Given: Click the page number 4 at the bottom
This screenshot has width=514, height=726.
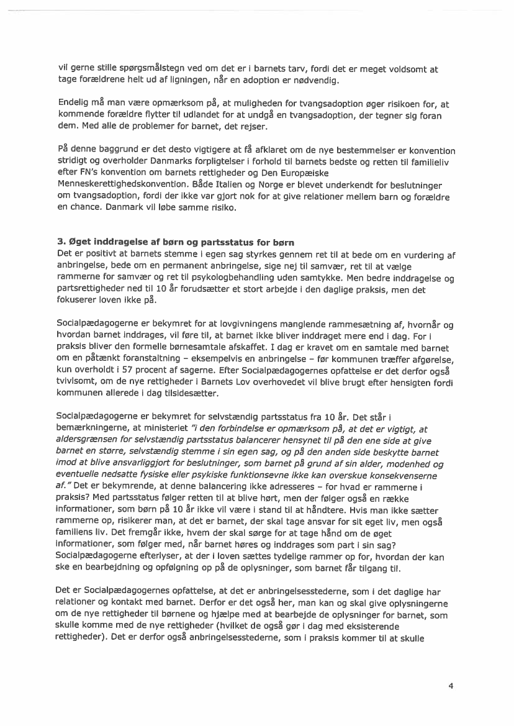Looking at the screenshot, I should [x=451, y=686].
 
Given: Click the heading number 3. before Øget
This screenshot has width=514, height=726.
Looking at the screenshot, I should [x=60, y=242].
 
